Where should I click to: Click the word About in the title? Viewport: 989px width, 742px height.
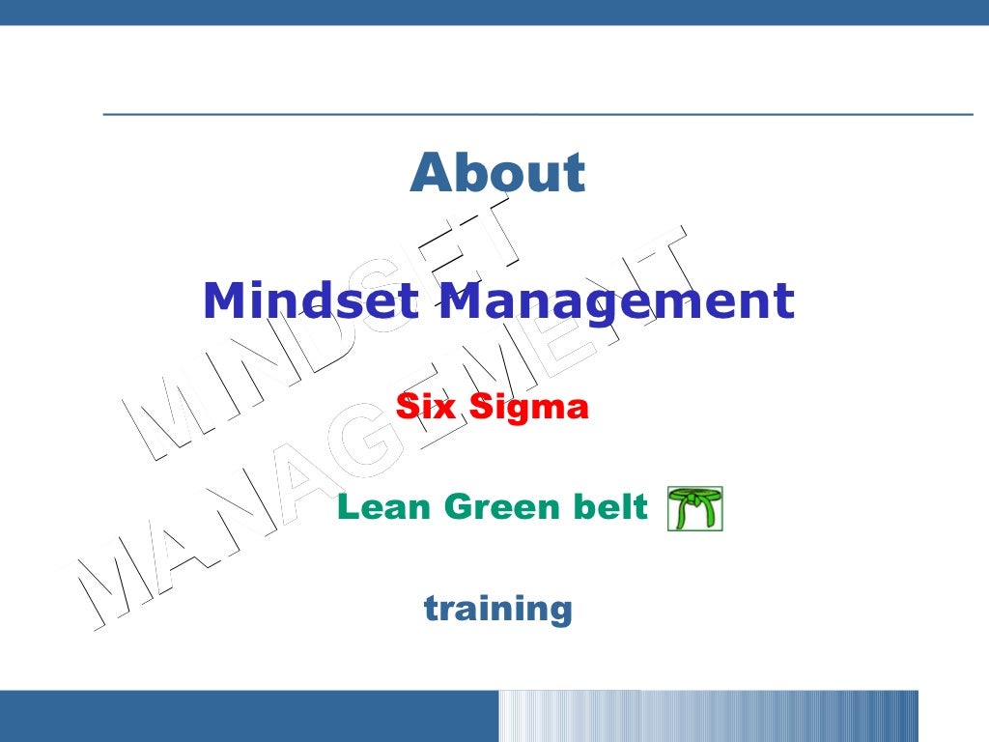pos(497,173)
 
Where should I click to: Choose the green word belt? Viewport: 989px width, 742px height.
pos(608,506)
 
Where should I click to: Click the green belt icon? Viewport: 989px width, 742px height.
pos(694,509)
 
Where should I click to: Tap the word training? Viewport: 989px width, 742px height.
pos(497,609)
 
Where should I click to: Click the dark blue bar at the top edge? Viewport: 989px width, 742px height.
pos(494,12)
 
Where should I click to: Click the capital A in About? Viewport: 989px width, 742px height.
pos(430,173)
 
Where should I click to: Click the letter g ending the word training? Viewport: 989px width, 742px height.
pos(559,612)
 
